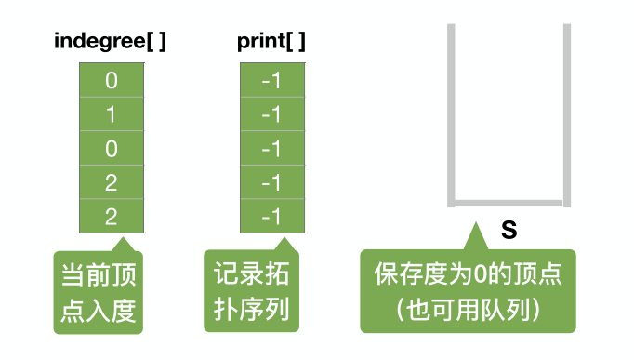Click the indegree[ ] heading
[x=111, y=41]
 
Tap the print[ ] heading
[x=271, y=41]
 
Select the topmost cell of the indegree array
[x=112, y=81]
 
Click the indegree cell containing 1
[x=112, y=114]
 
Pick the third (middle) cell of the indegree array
[x=112, y=149]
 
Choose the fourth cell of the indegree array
[x=112, y=182]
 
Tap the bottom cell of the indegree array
[x=112, y=216]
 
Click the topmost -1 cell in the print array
[x=271, y=81]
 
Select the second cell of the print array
[x=271, y=114]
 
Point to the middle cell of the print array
[x=271, y=149]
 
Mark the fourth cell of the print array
[x=271, y=182]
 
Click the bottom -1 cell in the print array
[x=271, y=216]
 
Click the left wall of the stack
[x=451, y=112]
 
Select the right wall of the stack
[x=566, y=112]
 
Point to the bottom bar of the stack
[x=509, y=202]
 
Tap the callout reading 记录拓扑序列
[x=252, y=290]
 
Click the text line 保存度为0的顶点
[x=469, y=276]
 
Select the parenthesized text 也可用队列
[x=469, y=309]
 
